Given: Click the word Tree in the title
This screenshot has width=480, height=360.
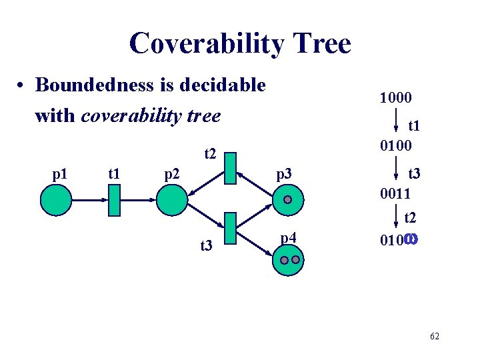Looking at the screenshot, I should [x=320, y=44].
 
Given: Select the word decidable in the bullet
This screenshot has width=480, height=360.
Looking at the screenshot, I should [x=224, y=85].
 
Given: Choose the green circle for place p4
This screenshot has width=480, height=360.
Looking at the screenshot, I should [x=288, y=259].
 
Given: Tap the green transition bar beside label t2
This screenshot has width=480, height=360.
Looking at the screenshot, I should [x=231, y=168].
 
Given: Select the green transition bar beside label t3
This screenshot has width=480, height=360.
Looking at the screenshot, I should [x=231, y=229].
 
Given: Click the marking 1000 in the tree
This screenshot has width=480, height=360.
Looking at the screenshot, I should [x=395, y=97].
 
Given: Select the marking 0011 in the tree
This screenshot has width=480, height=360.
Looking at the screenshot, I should [x=395, y=194].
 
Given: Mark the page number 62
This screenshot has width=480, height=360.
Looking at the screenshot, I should [x=434, y=337].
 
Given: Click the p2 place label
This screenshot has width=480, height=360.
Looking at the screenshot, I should [x=172, y=175].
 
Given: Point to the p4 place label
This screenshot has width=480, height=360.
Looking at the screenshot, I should [x=288, y=237].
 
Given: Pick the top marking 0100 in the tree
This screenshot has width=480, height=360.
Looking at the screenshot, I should [x=395, y=145].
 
